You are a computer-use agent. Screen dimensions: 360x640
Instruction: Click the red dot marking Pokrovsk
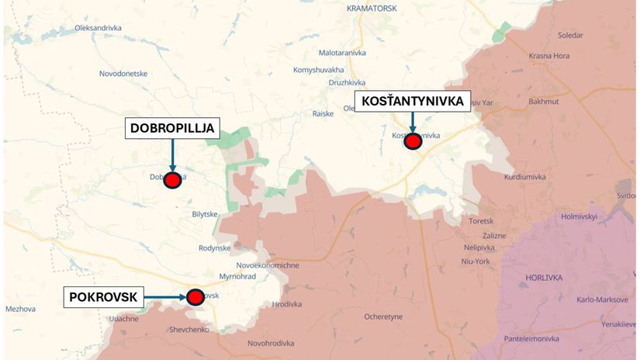click(x=195, y=296)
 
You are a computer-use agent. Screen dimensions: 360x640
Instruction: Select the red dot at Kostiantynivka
click(x=413, y=140)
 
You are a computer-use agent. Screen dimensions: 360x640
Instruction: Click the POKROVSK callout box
click(x=103, y=297)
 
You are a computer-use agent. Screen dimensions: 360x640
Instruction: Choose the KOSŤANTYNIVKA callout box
click(x=413, y=102)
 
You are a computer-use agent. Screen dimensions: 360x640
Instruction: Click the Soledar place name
click(x=570, y=36)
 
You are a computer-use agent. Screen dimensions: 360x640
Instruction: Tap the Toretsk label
click(x=481, y=220)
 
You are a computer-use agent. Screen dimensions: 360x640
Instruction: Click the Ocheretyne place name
click(x=383, y=317)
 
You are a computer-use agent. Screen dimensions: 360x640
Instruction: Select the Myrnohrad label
click(x=237, y=276)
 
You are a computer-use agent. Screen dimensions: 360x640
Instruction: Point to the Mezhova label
click(x=20, y=309)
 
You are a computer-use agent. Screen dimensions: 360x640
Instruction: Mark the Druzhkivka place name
click(x=347, y=81)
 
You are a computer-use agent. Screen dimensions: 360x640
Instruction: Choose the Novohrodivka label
click(x=271, y=343)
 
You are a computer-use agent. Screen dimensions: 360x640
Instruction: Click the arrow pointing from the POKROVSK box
click(x=164, y=296)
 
